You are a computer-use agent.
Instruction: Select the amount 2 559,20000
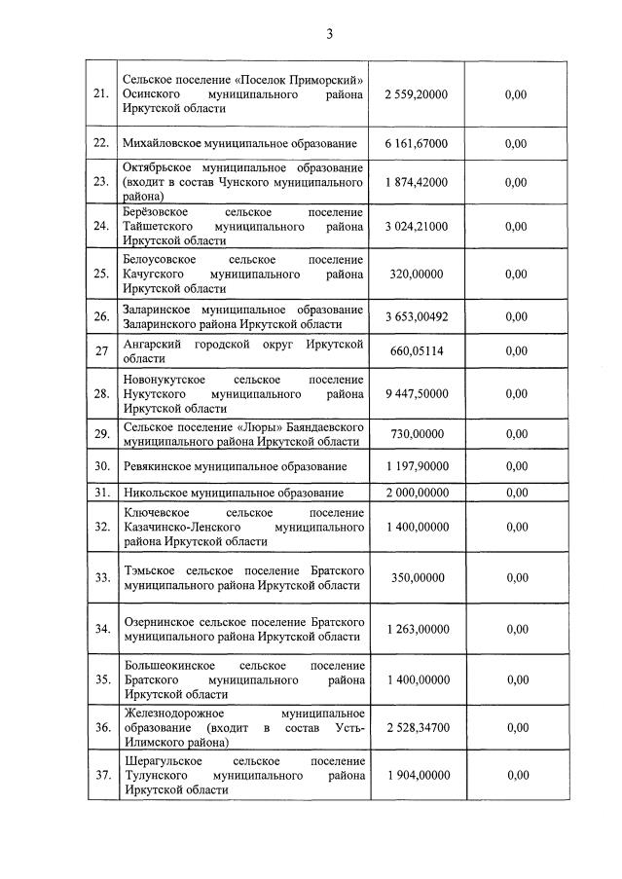417,94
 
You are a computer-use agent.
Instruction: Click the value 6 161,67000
417,144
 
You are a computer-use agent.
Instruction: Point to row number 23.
100,182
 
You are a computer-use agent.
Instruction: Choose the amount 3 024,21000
417,227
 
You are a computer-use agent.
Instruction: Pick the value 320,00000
417,275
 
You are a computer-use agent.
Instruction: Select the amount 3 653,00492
417,316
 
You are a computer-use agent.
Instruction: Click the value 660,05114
417,351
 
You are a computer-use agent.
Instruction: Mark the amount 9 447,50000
417,394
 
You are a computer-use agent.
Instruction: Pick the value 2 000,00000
417,493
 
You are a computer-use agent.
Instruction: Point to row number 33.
100,578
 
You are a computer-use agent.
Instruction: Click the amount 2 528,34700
417,727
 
